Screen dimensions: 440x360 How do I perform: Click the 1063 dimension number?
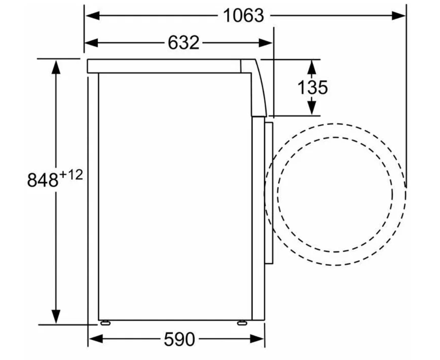(243, 16)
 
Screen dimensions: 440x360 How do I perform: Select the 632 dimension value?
(184, 43)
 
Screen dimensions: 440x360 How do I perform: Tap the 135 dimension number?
(312, 87)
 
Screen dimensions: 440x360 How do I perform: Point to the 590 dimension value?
(179, 339)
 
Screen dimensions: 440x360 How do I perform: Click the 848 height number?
(43, 180)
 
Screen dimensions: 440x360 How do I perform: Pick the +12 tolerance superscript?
(71, 175)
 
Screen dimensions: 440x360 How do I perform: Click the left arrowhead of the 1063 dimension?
(92, 16)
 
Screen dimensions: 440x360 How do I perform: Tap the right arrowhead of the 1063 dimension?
(399, 16)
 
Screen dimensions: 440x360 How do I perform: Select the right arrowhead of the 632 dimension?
(266, 43)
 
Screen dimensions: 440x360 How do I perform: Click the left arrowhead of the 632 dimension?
(91, 43)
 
